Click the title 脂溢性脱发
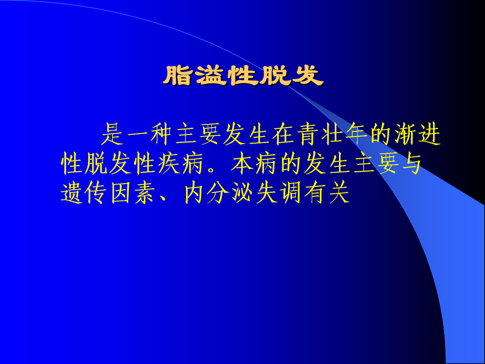[x=244, y=75]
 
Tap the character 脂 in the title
[x=178, y=75]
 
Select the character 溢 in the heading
[x=211, y=75]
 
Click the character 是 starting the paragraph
[x=113, y=134]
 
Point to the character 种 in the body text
[x=162, y=134]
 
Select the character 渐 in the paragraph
[x=405, y=134]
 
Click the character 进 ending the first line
[x=429, y=134]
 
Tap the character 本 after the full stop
[x=243, y=163]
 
